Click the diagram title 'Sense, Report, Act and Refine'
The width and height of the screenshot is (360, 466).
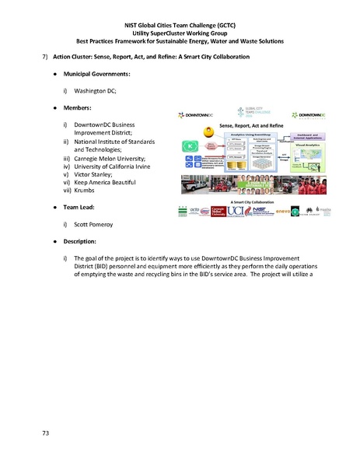[251, 126]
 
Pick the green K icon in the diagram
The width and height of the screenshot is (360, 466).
[190, 145]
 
